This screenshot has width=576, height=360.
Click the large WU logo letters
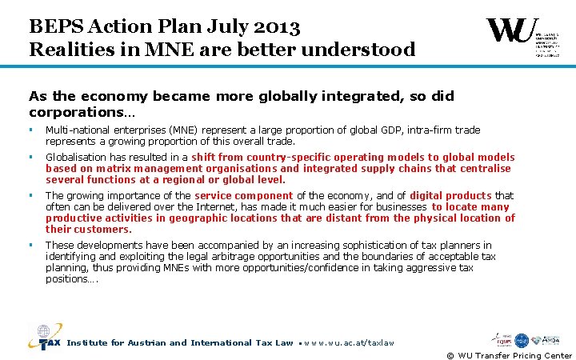point(512,31)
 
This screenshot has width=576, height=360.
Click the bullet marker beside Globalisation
point(31,158)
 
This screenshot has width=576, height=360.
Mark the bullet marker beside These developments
point(31,245)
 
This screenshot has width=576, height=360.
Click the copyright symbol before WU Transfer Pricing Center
point(450,355)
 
